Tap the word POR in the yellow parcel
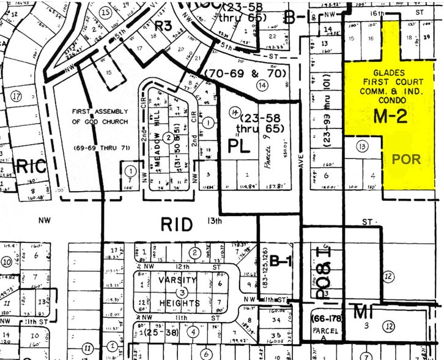click(x=406, y=159)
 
